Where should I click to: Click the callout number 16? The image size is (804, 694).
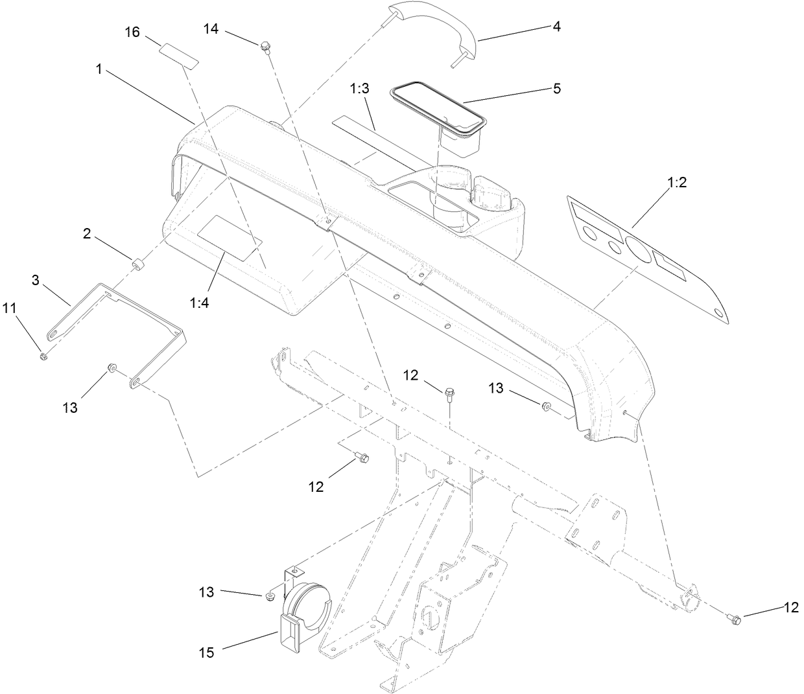[132, 32]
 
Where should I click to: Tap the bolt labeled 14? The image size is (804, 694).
[265, 47]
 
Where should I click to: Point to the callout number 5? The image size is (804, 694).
[556, 88]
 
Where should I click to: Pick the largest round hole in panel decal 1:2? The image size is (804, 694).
[641, 251]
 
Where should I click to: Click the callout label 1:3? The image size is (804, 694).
[360, 89]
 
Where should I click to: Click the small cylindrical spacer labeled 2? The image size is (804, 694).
[138, 264]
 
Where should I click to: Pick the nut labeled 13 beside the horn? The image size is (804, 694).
[271, 594]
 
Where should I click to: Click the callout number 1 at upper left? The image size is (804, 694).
[99, 69]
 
